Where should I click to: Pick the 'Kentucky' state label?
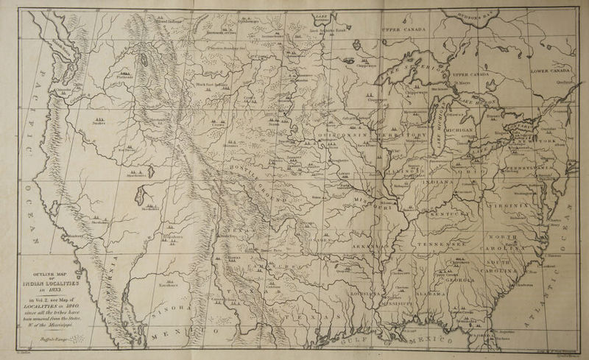click(x=448, y=214)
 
